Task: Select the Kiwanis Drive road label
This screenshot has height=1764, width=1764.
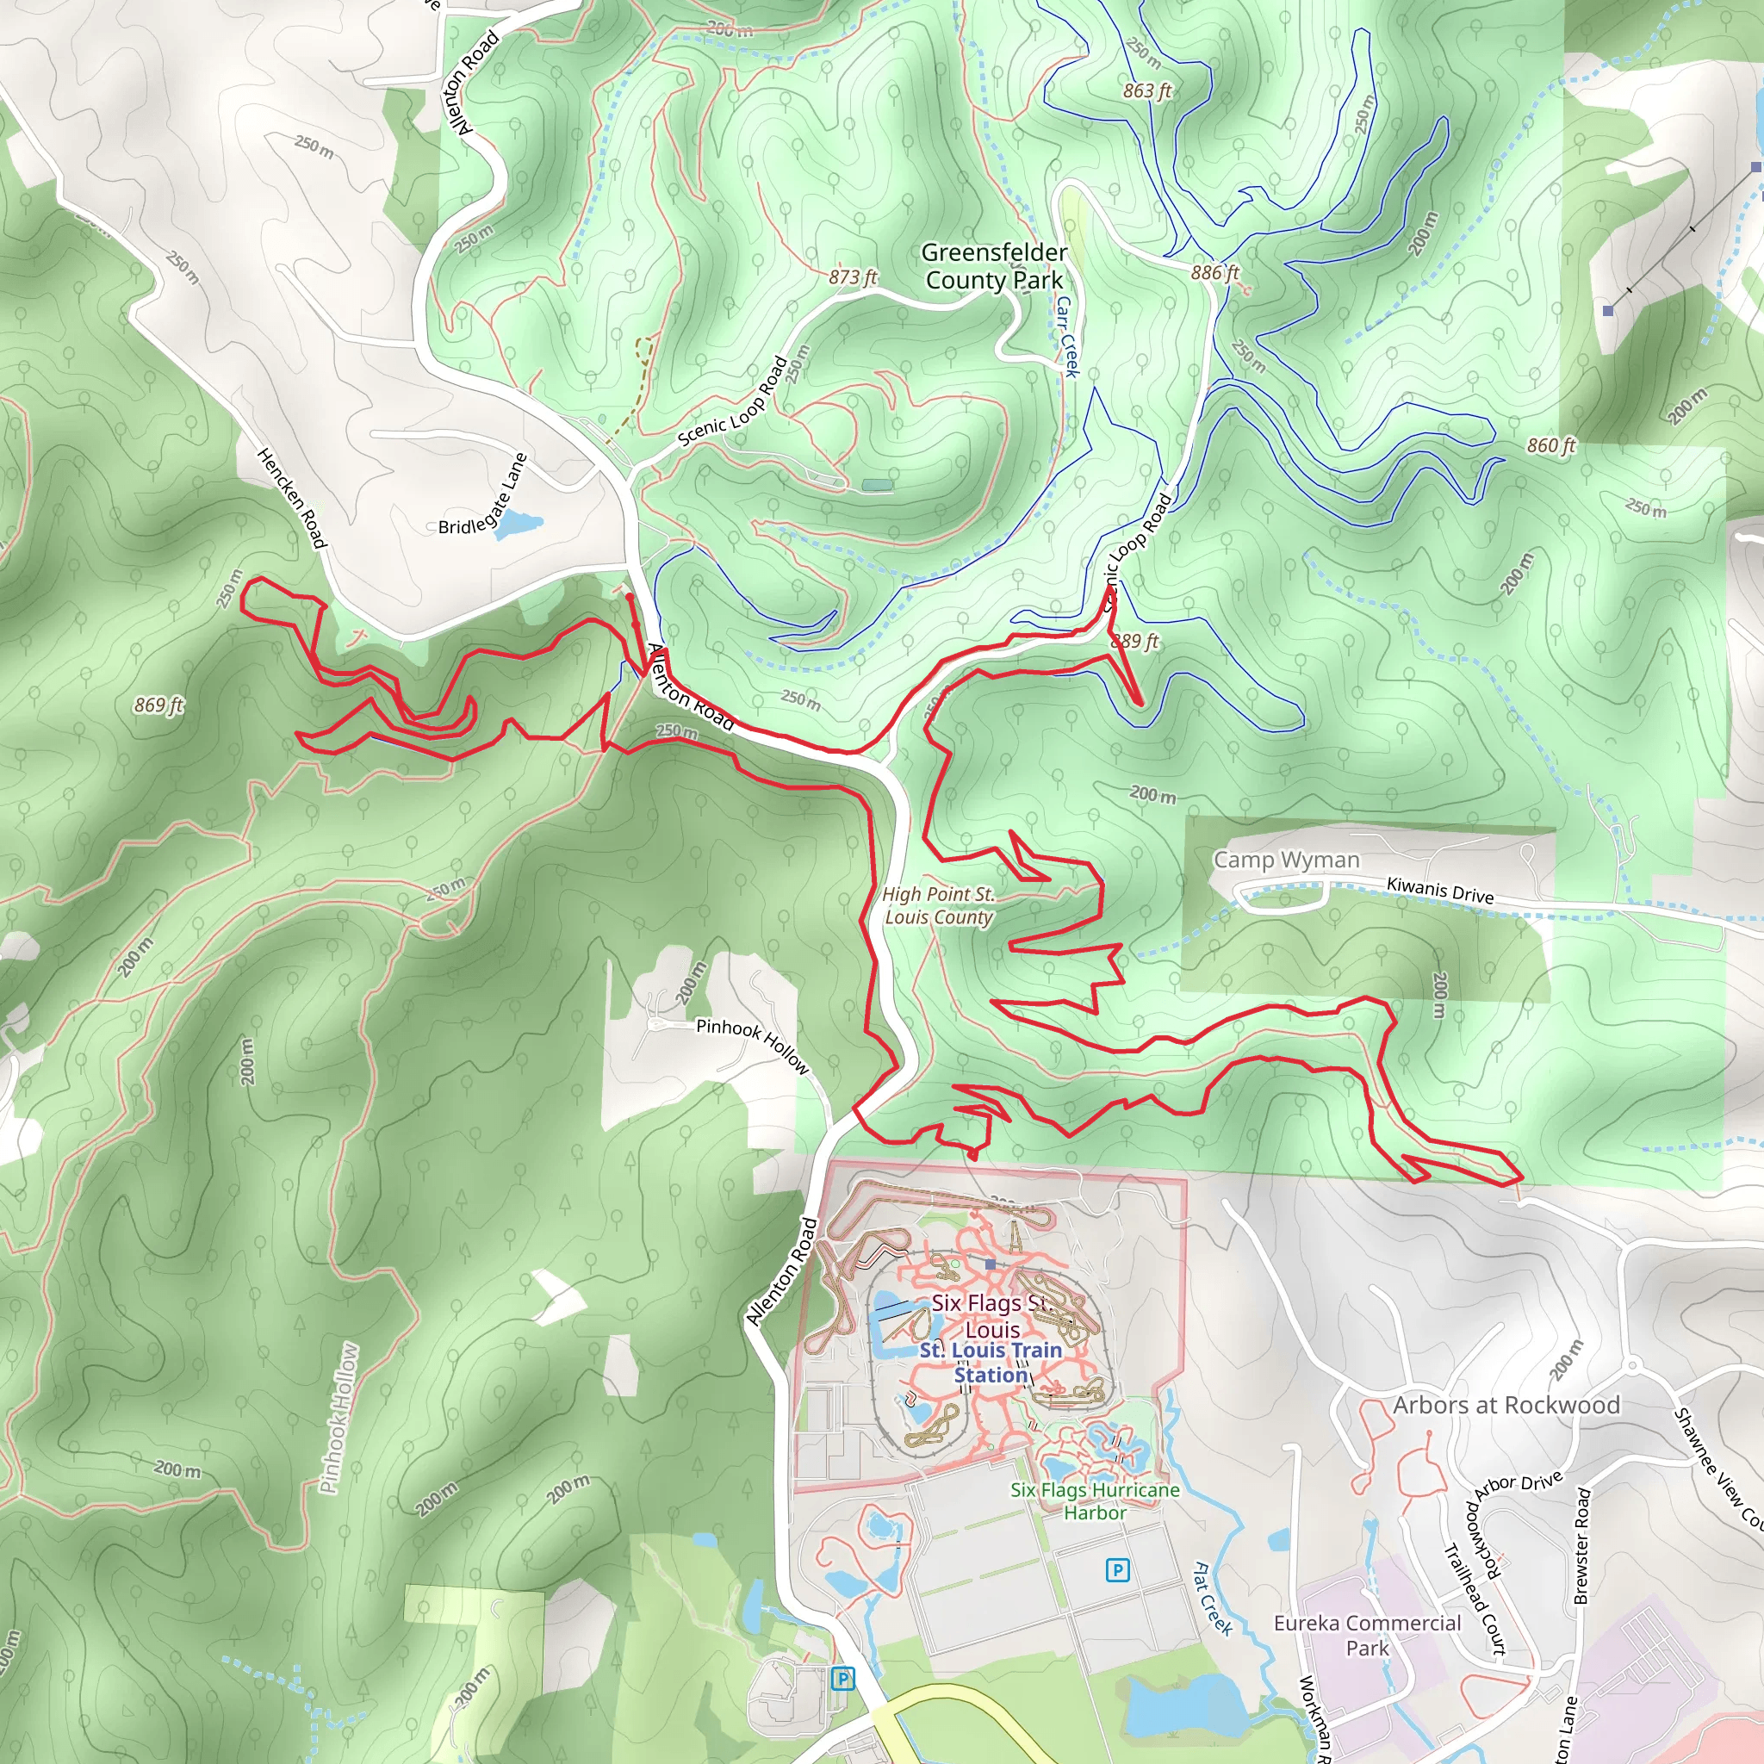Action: tap(1440, 891)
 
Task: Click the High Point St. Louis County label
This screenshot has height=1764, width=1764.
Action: tap(939, 906)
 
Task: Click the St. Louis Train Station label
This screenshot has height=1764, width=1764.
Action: tap(991, 1363)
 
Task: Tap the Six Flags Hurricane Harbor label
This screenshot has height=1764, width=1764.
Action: tap(1095, 1501)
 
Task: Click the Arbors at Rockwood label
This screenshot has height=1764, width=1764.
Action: tap(1506, 1405)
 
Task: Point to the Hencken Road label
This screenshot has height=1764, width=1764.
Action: tap(291, 499)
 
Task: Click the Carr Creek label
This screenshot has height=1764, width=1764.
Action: tap(1066, 336)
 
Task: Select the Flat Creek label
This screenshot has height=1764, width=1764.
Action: tap(1213, 1598)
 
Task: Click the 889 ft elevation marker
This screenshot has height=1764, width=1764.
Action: tap(1134, 641)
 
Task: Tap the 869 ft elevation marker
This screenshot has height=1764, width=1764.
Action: tap(158, 705)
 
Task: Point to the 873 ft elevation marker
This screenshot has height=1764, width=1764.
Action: tap(853, 276)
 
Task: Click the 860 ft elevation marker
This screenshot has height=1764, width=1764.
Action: tap(1551, 445)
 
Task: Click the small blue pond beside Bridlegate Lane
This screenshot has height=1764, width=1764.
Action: tap(518, 524)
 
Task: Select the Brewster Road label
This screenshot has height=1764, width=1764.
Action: tap(1582, 1546)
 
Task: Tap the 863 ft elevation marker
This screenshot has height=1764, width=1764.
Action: tap(1146, 90)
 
